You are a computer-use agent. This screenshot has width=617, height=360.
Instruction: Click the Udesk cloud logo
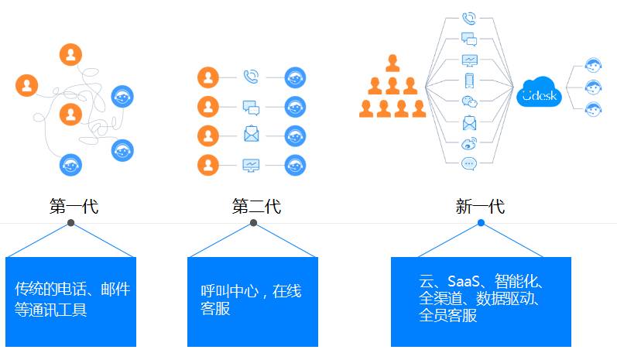pos(538,92)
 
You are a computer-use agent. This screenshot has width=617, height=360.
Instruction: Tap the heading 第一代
pos(74,206)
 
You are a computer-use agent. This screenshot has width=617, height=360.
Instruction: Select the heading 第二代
pos(256,206)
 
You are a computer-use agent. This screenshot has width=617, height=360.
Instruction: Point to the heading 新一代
pos(480,206)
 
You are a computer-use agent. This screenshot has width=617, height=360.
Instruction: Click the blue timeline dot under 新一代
pos(481,223)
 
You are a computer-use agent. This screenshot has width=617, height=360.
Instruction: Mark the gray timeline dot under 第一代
pos(71,223)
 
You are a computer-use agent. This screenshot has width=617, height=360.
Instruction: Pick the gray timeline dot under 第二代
pos(253,223)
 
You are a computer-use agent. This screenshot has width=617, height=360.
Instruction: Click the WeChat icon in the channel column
pos(469,101)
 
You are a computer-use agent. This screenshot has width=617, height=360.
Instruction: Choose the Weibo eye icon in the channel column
pos(469,142)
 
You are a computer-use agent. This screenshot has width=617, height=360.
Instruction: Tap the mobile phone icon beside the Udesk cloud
pos(469,81)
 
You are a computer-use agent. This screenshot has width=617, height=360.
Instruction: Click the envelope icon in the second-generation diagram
pos(251,134)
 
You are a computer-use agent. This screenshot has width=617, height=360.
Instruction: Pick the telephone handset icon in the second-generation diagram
pos(251,77)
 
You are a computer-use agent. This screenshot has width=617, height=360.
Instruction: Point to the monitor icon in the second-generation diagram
pos(251,164)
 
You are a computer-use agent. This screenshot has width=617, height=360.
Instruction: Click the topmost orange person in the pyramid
pos(392,63)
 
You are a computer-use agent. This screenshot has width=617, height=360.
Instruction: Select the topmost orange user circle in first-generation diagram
pos(70,54)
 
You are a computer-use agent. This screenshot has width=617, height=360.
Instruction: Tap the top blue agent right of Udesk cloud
pos(594,66)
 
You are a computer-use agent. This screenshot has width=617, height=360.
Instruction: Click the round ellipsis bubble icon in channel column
pos(469,163)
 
